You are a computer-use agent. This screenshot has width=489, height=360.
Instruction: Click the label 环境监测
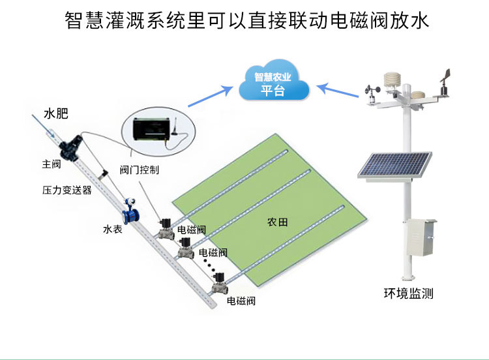(408, 293)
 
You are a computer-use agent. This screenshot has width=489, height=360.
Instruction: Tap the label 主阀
(52, 164)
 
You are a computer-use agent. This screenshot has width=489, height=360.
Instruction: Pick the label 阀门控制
(140, 170)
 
